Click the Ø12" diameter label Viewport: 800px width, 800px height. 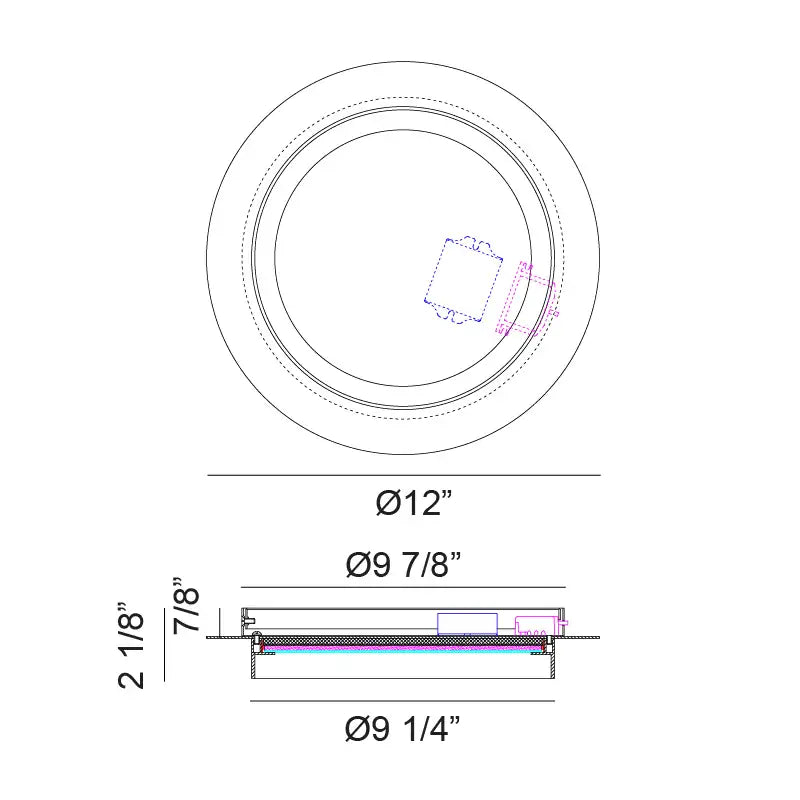(x=414, y=503)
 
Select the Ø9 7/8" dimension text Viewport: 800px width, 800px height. (x=403, y=565)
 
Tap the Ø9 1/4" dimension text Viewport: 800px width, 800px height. (x=403, y=729)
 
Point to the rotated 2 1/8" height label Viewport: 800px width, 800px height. (x=132, y=646)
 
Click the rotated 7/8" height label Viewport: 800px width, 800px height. (x=186, y=606)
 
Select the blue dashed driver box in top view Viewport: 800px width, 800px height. (x=463, y=280)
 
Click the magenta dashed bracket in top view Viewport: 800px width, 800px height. (x=527, y=299)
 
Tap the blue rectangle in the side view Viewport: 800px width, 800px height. (x=467, y=624)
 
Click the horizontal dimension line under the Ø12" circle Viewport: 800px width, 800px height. (x=404, y=476)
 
